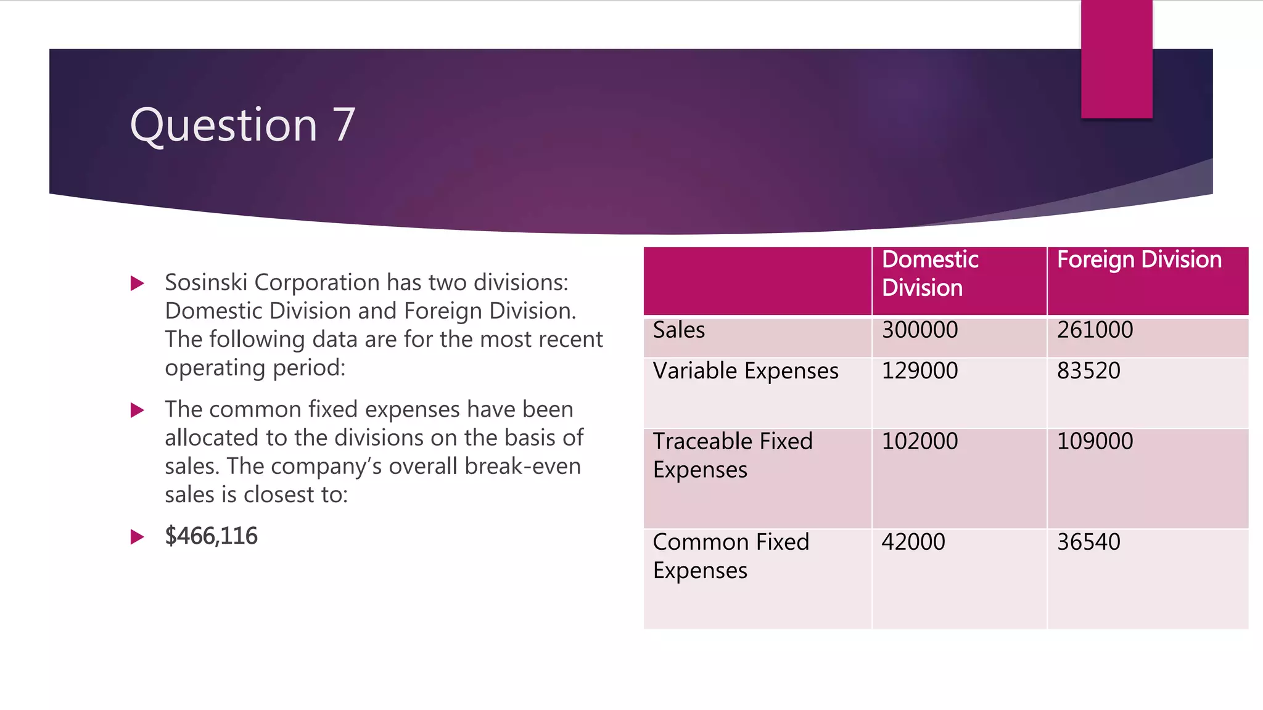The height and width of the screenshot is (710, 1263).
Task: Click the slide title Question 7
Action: pos(242,125)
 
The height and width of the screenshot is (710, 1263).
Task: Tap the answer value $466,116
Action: pos(211,536)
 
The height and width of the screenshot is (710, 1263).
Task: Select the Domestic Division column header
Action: pos(929,274)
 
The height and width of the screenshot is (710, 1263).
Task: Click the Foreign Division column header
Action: pos(1139,259)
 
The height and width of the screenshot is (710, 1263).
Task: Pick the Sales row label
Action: pos(678,330)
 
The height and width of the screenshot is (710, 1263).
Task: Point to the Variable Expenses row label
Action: pos(745,371)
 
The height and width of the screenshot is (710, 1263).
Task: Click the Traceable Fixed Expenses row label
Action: pos(732,455)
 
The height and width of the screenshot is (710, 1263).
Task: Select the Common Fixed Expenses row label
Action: pos(730,556)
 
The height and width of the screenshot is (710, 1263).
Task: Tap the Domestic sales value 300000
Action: pos(919,330)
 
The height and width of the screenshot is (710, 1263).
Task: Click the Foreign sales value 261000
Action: pos(1095,330)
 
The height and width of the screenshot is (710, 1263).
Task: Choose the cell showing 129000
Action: pos(919,371)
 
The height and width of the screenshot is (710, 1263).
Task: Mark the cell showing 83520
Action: pos(1088,371)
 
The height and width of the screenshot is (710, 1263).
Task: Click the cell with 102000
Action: pos(919,441)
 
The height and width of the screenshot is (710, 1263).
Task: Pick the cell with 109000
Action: pos(1095,441)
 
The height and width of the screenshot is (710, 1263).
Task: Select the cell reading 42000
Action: pos(913,542)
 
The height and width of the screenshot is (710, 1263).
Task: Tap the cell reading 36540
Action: pos(1088,542)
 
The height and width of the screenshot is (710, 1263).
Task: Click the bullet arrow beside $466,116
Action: pos(138,537)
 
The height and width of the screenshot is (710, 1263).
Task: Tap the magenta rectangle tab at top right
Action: pos(1116,59)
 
